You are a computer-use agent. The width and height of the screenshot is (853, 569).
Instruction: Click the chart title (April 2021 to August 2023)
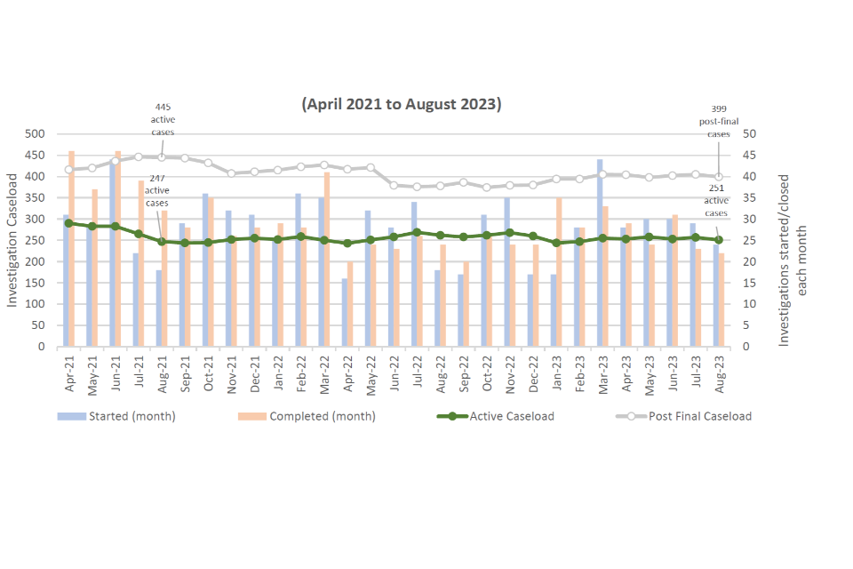402,104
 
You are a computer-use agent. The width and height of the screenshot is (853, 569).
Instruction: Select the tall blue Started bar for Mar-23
601,252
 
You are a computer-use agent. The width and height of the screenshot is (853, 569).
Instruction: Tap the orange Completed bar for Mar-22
327,259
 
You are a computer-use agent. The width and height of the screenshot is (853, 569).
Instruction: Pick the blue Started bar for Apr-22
344,312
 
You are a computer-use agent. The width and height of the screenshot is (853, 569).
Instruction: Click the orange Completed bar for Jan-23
559,272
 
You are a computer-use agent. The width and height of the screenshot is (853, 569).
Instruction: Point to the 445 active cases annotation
162,120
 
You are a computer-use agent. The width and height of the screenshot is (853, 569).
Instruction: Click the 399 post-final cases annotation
718,120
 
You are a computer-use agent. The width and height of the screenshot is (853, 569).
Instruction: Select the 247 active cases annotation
157,189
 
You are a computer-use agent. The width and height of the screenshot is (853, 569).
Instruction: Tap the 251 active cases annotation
717,201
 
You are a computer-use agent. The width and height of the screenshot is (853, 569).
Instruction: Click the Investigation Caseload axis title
12,241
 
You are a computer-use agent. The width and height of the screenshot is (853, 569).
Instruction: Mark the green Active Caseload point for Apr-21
68,223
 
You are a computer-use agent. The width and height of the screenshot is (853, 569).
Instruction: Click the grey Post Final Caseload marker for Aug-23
719,177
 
